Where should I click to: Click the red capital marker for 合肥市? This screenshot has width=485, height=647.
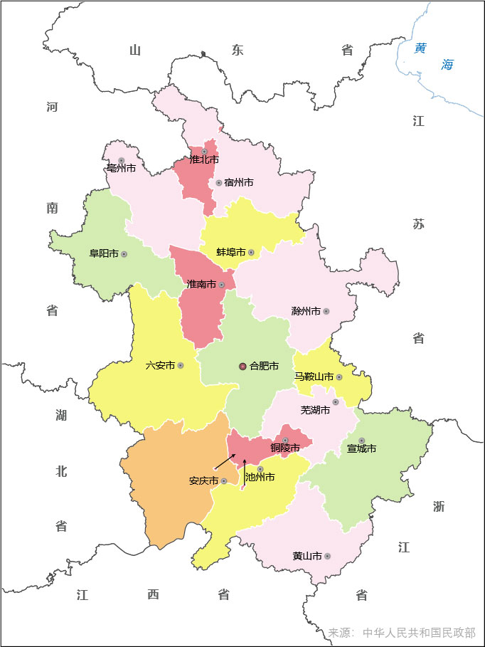242,366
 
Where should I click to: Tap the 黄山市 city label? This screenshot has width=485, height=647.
307,556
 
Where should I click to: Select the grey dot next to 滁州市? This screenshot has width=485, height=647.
326,311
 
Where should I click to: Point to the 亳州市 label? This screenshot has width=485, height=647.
121,169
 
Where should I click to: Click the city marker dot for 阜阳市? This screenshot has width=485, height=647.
124,253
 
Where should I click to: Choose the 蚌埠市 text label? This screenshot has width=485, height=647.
230,252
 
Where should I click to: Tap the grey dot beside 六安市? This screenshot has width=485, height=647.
181,365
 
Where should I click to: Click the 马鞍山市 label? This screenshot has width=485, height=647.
314,377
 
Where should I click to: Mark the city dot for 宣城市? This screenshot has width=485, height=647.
361,441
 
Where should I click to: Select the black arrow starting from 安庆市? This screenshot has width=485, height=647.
225,461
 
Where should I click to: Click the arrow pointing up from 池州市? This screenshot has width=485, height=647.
245,471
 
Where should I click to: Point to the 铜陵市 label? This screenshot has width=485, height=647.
284,448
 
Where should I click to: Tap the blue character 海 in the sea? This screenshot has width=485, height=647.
447,65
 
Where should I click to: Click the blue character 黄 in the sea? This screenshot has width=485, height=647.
421,48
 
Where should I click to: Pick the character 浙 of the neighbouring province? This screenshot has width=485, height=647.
439,506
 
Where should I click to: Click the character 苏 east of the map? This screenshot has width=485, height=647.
418,224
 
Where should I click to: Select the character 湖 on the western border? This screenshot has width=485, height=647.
61,415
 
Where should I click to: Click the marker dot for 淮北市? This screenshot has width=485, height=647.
205,152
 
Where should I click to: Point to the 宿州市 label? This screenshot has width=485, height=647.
238,182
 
